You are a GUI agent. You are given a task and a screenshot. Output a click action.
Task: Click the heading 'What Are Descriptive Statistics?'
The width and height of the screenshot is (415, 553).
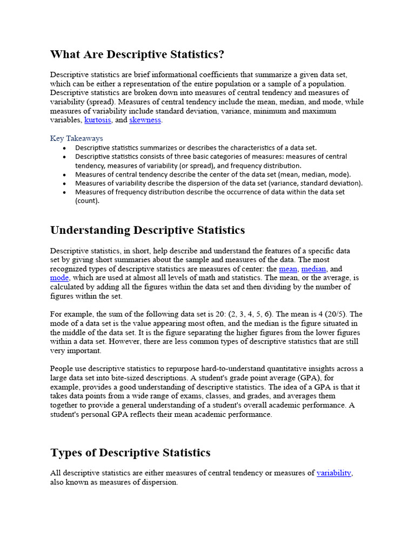(137, 55)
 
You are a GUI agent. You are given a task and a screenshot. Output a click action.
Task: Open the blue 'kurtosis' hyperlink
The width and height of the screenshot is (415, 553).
(98, 120)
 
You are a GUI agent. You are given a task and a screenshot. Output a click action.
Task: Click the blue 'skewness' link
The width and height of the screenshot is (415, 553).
(145, 120)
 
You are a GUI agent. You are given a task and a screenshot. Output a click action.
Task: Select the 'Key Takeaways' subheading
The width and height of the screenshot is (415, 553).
(76, 138)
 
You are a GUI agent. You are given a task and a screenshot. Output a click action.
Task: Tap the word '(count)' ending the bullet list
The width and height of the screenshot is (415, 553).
(88, 201)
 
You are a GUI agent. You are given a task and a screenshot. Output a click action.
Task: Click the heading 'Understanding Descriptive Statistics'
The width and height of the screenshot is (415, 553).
(147, 231)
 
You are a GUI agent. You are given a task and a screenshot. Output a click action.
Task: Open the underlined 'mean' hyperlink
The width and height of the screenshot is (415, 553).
(287, 269)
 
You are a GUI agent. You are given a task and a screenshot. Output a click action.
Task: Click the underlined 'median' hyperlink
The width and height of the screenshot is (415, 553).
(313, 269)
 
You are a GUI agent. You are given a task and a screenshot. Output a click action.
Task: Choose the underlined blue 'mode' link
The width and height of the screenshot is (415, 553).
(59, 278)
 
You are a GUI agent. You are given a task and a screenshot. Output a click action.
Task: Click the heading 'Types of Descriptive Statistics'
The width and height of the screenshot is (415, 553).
(130, 453)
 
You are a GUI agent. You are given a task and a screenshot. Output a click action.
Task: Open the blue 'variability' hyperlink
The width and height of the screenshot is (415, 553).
(334, 473)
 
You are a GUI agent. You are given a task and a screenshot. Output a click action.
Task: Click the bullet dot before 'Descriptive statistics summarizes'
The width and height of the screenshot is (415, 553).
(64, 148)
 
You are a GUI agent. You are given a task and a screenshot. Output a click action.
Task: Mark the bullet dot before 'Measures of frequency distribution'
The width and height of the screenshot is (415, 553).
(64, 192)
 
